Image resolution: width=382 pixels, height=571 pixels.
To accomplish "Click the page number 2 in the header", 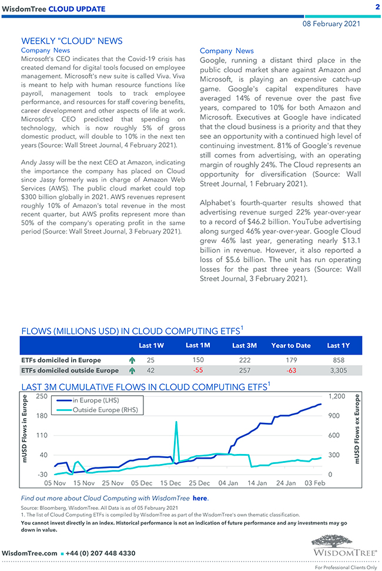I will click(x=377, y=6).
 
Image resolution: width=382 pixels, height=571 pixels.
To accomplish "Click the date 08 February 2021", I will click(x=331, y=24).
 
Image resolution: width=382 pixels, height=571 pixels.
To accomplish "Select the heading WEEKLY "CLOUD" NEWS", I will click(x=72, y=41).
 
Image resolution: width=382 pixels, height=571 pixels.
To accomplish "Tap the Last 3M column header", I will click(x=244, y=346).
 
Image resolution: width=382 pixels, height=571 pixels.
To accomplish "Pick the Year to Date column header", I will click(x=291, y=346).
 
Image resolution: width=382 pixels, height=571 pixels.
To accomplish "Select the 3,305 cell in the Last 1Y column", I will click(x=339, y=370).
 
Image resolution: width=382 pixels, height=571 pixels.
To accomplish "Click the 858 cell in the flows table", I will click(x=339, y=360).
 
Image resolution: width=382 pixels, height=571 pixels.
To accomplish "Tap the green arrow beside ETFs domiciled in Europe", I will click(x=132, y=360).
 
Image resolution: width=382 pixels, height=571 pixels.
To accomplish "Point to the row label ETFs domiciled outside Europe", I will click(x=69, y=370).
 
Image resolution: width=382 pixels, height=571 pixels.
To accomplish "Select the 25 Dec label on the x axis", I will click(x=199, y=483).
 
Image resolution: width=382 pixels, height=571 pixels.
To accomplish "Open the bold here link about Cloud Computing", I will click(x=200, y=498).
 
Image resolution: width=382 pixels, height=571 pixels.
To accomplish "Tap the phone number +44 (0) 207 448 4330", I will click(x=102, y=553).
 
